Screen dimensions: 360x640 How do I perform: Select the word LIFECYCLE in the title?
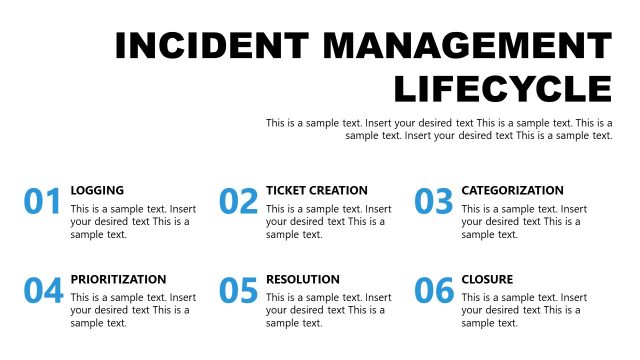(x=503, y=89)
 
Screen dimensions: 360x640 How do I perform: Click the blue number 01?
(x=43, y=202)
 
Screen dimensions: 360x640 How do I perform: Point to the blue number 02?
(x=239, y=202)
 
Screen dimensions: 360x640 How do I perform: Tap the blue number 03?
(x=434, y=202)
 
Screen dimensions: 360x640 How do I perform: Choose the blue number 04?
(x=43, y=291)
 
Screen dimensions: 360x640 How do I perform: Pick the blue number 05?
(x=239, y=291)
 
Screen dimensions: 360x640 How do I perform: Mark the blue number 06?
(x=434, y=291)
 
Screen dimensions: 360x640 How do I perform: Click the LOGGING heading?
(x=97, y=190)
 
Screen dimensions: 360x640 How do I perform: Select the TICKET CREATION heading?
(x=317, y=190)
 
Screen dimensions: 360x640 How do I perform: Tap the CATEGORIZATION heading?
(x=512, y=190)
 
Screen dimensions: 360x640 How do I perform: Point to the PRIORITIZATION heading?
(x=118, y=279)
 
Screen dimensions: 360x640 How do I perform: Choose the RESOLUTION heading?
(x=303, y=279)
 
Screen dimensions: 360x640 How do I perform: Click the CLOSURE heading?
(x=487, y=279)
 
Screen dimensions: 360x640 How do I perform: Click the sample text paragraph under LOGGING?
(x=132, y=222)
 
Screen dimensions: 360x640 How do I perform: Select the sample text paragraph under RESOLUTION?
(x=328, y=310)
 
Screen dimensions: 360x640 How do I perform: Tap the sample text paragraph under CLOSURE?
(x=523, y=310)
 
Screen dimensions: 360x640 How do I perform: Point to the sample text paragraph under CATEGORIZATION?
(x=523, y=222)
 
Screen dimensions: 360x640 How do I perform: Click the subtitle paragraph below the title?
(x=440, y=129)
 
